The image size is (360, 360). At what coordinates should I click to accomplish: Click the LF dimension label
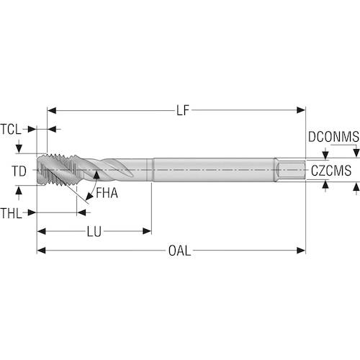[x=183, y=110]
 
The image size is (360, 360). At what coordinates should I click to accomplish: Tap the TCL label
[x=11, y=130]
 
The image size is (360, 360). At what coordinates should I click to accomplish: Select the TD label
[x=19, y=171]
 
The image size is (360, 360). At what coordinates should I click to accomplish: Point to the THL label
[x=11, y=213]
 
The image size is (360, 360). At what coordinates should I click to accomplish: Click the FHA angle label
[x=107, y=193]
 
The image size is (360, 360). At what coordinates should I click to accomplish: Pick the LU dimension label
[x=94, y=232]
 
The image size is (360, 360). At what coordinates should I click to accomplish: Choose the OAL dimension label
[x=179, y=251]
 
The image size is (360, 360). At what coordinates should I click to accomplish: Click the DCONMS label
[x=333, y=137]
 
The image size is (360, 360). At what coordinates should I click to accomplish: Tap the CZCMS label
[x=331, y=171]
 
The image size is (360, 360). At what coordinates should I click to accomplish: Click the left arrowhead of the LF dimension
[x=52, y=110]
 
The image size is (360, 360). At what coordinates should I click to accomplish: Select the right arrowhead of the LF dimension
[x=301, y=110]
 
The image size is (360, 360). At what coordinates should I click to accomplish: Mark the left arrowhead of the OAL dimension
[x=42, y=251]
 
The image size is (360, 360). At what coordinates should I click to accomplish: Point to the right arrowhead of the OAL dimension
[x=301, y=251]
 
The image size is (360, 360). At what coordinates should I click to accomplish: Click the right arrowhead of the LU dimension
[x=147, y=231]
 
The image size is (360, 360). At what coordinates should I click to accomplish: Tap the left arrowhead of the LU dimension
[x=42, y=231]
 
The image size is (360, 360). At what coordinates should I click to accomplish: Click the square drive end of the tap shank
[x=290, y=170]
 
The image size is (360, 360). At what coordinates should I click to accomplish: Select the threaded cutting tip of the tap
[x=58, y=170]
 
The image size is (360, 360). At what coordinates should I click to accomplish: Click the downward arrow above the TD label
[x=19, y=147]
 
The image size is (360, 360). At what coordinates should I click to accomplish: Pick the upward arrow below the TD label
[x=19, y=192]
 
